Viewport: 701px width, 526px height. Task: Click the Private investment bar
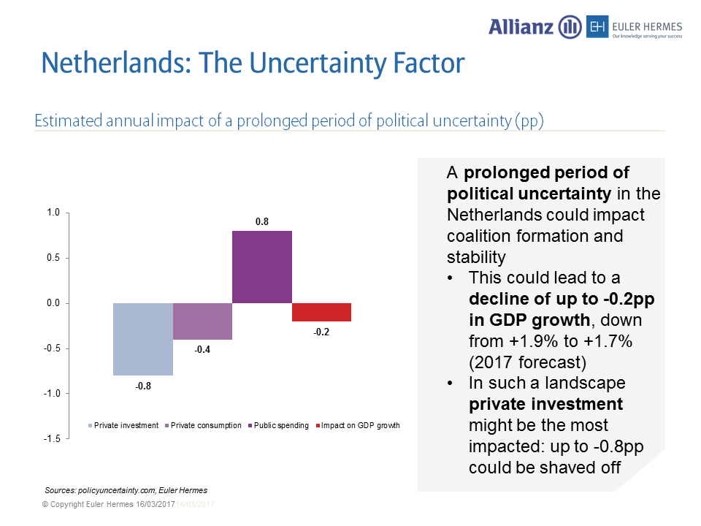[x=143, y=339]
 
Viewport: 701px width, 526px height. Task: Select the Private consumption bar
[x=202, y=321]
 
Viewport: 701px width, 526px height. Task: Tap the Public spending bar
[x=262, y=267]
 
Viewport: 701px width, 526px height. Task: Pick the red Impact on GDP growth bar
[x=321, y=312]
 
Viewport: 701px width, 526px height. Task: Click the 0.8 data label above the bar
[x=261, y=219]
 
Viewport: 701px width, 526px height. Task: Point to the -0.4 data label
[x=202, y=350]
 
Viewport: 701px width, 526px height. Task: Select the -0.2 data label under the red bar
[x=321, y=332]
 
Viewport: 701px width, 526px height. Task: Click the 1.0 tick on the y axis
[x=53, y=213]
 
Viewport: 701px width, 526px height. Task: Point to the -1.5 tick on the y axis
[x=52, y=438]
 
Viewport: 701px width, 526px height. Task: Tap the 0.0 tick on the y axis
[x=53, y=303]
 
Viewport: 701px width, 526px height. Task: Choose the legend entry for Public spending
[x=280, y=425]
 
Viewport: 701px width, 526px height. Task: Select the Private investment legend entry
[x=126, y=425]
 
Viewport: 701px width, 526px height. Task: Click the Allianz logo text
[x=522, y=27]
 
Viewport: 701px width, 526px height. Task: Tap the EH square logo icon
[x=598, y=28]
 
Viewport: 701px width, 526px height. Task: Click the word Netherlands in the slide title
[x=110, y=64]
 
